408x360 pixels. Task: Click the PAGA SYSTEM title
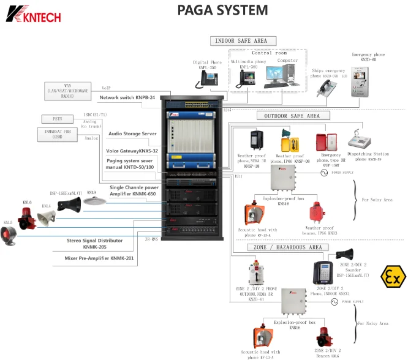click(x=222, y=10)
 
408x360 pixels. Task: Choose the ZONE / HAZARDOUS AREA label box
click(x=288, y=247)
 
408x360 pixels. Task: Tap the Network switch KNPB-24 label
click(x=127, y=97)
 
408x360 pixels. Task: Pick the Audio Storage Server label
click(x=133, y=133)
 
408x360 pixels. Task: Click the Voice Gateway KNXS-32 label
click(x=132, y=151)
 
